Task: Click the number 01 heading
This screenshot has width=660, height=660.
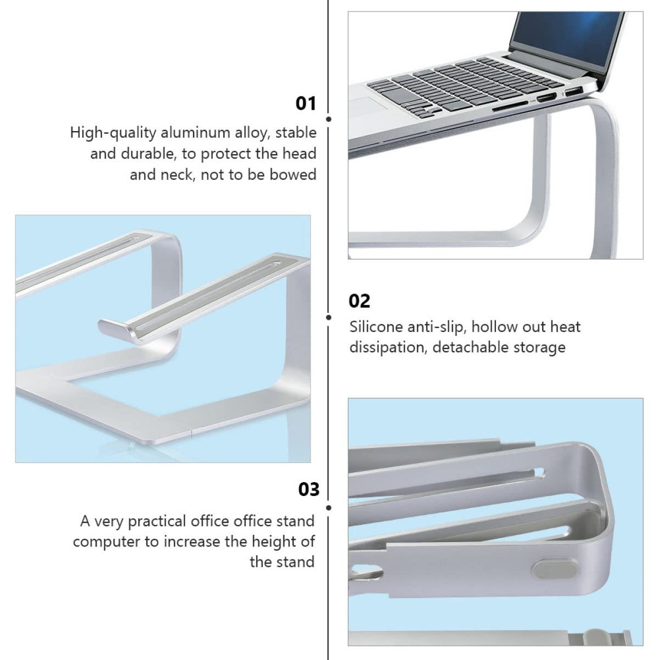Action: click(306, 104)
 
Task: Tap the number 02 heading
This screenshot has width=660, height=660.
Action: click(359, 301)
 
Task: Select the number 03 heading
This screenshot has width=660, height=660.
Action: click(309, 489)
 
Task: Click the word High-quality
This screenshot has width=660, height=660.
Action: click(113, 133)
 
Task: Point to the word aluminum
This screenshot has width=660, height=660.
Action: click(195, 133)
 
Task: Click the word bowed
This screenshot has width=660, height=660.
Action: click(293, 174)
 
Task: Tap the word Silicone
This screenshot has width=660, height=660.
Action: click(376, 327)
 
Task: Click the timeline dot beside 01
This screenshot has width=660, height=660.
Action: click(329, 119)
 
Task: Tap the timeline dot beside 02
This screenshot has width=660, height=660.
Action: click(329, 318)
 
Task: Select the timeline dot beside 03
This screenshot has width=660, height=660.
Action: click(329, 508)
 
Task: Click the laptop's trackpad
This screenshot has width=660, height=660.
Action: click(368, 104)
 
